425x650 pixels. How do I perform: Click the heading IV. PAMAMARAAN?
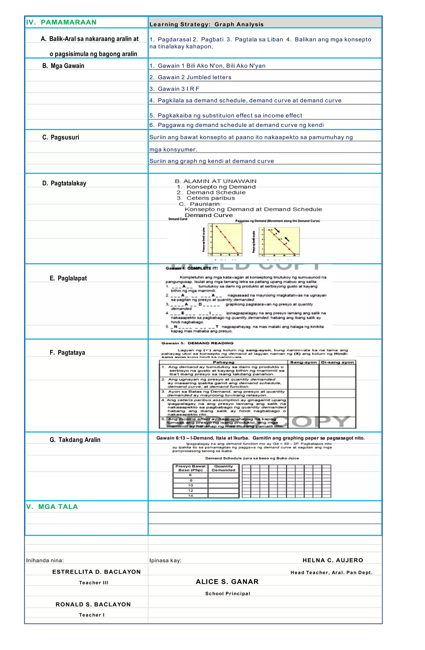(61, 22)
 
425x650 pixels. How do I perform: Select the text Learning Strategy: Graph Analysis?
(206, 24)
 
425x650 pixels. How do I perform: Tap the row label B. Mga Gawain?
(63, 66)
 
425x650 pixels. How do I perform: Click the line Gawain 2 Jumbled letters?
(190, 77)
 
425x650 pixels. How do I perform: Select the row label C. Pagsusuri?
(61, 137)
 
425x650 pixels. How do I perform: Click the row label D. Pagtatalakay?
(64, 183)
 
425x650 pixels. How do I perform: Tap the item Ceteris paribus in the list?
(210, 198)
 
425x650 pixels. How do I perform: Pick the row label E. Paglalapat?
(68, 278)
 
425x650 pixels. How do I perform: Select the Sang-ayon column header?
(303, 362)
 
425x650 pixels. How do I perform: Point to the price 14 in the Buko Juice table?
(190, 495)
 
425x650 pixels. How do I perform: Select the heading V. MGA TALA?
(52, 507)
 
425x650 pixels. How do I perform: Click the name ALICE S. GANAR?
(227, 582)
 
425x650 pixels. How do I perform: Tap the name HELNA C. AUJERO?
(333, 560)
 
